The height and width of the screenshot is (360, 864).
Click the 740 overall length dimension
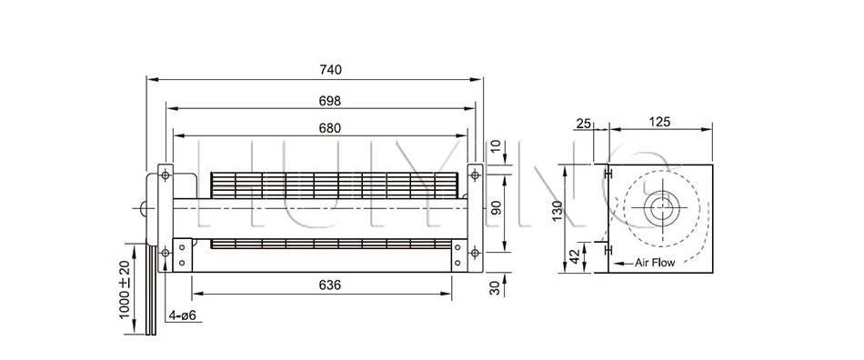point(331,70)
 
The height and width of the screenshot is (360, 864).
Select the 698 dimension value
point(330,101)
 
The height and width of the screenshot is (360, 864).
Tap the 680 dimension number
point(330,128)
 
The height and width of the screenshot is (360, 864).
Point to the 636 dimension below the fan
point(330,285)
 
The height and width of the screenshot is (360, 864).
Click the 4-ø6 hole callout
point(183,315)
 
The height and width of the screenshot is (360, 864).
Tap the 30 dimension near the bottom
point(495,288)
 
